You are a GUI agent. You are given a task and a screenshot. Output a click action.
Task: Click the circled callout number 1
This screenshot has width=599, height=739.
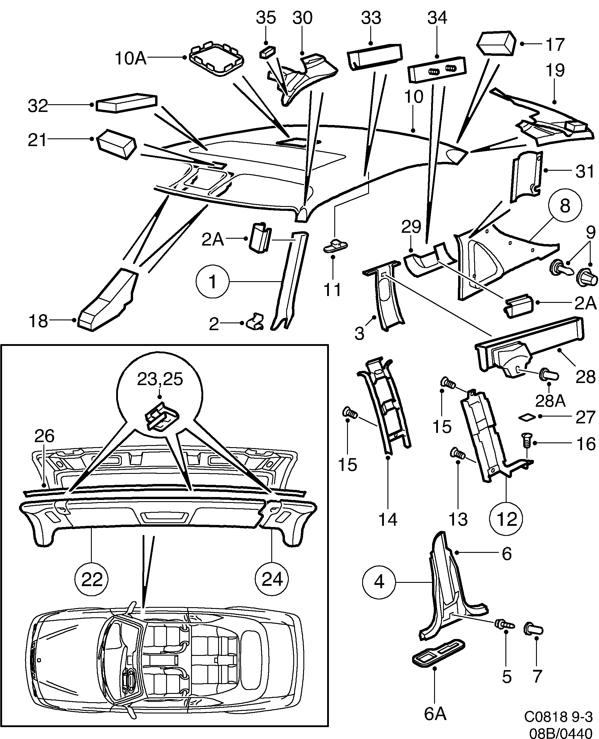(x=212, y=282)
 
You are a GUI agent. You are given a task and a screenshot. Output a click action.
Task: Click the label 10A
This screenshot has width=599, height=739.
(x=130, y=58)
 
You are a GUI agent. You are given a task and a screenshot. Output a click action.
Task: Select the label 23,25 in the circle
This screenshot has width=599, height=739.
(x=160, y=379)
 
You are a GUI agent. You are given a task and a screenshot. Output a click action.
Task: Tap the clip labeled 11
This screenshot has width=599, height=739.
(x=336, y=246)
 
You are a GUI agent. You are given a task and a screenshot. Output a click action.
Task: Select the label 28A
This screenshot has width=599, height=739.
(x=550, y=401)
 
